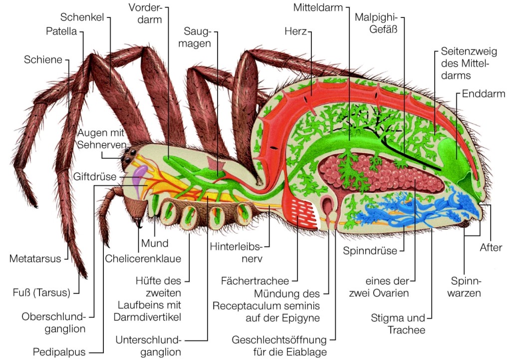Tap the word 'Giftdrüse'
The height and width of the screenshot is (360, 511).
click(x=95, y=176)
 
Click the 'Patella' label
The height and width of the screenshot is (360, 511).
click(x=61, y=32)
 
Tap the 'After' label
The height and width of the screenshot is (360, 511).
click(x=491, y=248)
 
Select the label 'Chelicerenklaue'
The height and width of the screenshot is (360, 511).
click(x=143, y=258)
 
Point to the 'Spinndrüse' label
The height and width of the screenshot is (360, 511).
click(x=370, y=250)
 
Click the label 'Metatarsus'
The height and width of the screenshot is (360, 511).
click(x=35, y=259)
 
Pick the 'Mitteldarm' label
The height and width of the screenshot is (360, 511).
click(x=319, y=8)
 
